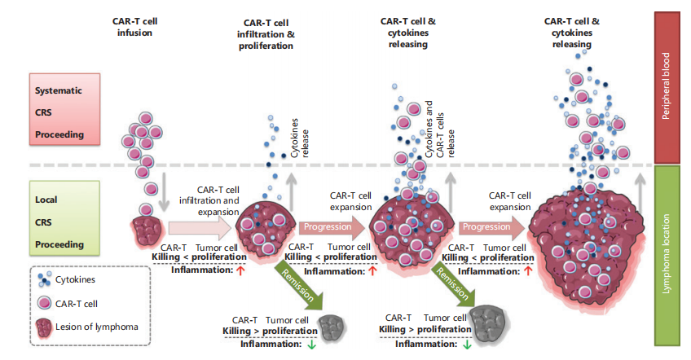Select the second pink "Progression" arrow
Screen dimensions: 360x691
tap(485, 226)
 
